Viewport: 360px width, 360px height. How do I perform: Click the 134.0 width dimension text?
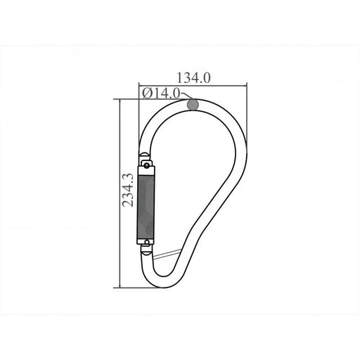coord(193,78)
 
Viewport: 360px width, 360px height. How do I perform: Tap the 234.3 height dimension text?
coord(128,190)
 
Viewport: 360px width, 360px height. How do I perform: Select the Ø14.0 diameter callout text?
coord(161,94)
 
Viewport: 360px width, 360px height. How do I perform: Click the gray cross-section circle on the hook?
coord(193,104)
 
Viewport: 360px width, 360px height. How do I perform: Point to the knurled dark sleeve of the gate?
coord(146,207)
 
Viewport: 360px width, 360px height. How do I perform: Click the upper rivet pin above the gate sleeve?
coord(147,166)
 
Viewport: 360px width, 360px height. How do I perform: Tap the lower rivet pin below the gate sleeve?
coord(147,242)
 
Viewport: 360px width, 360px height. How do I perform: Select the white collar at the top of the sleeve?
coord(146,171)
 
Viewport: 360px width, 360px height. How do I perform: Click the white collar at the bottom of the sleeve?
coord(146,242)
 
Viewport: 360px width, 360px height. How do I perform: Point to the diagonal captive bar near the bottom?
coord(166,254)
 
